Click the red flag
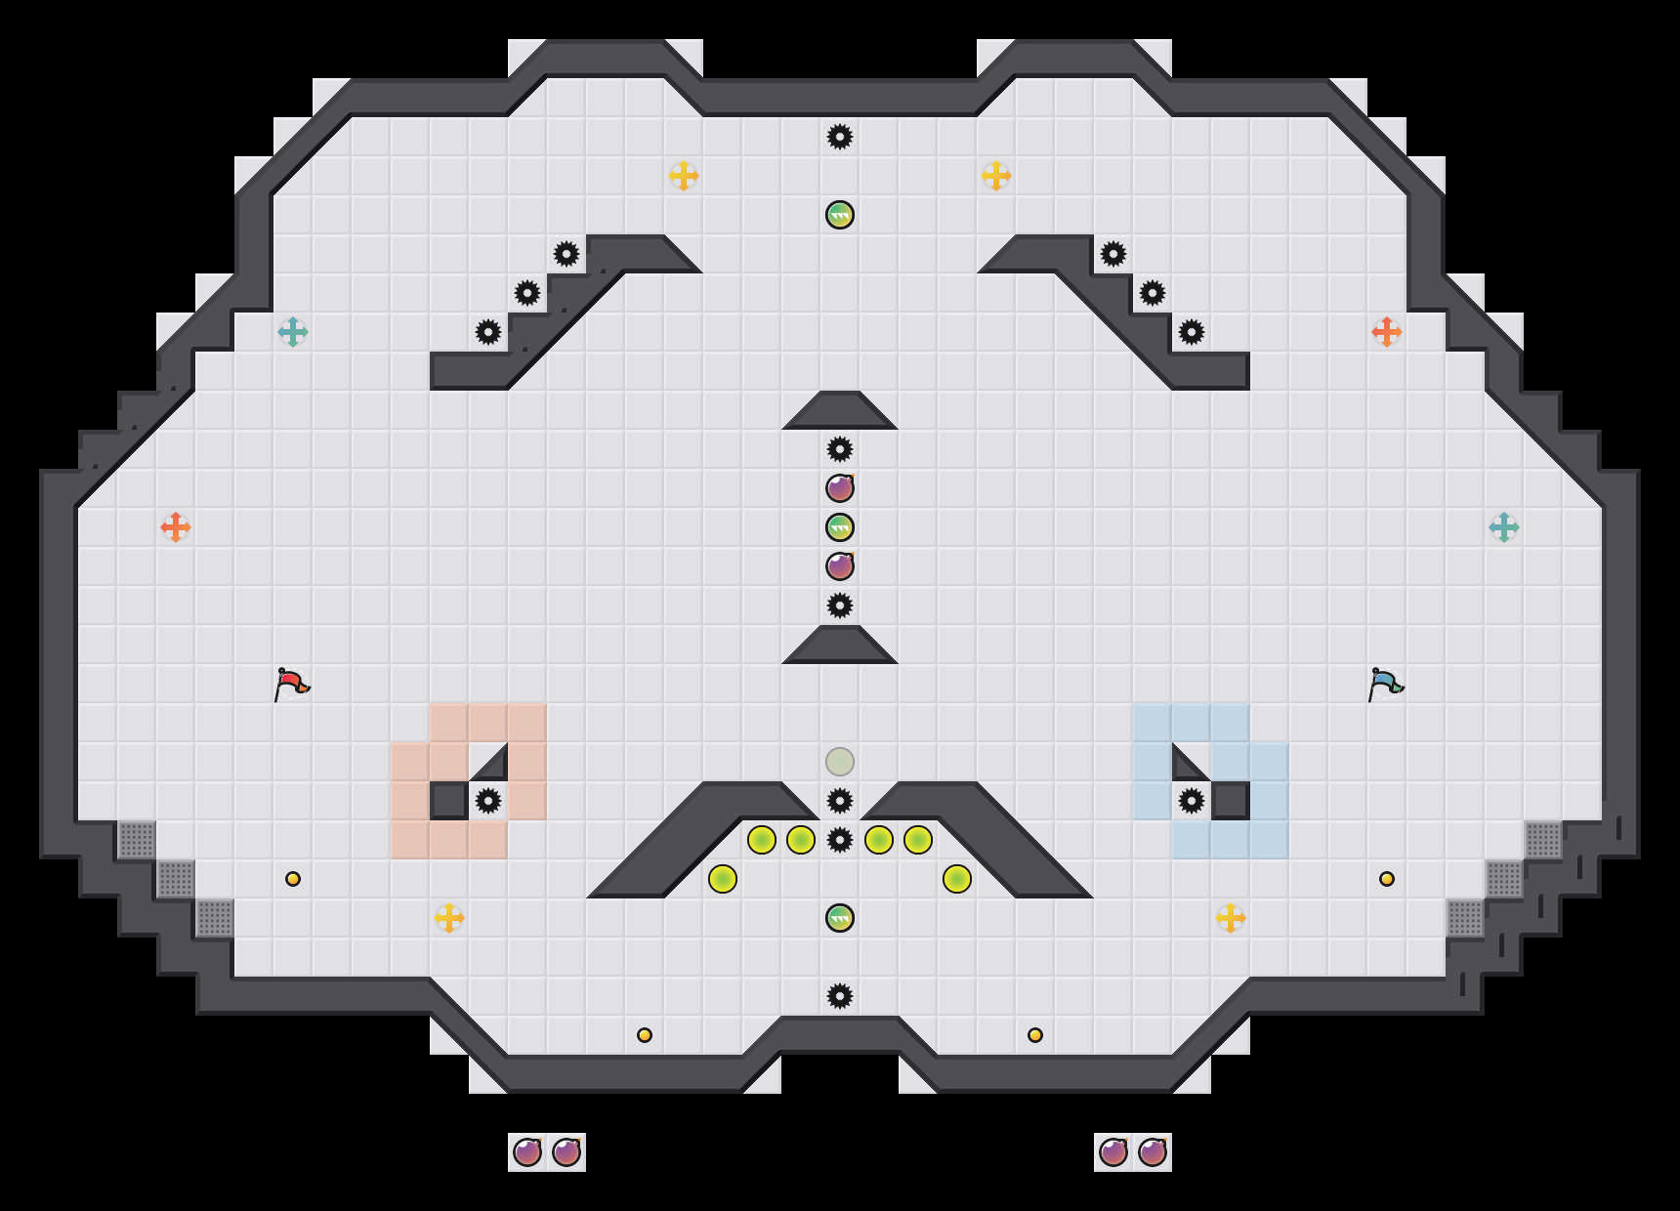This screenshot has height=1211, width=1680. tap(291, 684)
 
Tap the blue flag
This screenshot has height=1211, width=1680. tap(1385, 684)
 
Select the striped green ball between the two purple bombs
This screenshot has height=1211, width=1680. tap(840, 527)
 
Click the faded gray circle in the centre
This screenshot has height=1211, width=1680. tap(840, 762)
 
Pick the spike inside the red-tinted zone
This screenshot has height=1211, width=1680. tap(488, 801)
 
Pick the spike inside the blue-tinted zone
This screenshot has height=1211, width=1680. tap(1192, 801)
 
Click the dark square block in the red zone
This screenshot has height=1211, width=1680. tap(449, 801)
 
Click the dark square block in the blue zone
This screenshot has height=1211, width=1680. tap(1231, 801)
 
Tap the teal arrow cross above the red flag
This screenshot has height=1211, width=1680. tap(293, 332)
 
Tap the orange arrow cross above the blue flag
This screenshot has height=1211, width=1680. tap(1387, 332)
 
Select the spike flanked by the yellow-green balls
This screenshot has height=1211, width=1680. tap(840, 840)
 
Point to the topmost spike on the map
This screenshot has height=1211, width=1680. tap(840, 137)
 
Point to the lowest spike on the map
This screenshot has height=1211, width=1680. tap(840, 996)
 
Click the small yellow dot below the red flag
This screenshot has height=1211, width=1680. tap(293, 879)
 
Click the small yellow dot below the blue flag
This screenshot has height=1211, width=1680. tap(1387, 879)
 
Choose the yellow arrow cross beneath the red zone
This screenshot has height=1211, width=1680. tap(449, 918)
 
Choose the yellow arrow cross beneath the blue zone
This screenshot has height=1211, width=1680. tap(1231, 918)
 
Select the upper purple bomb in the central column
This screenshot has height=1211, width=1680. tap(840, 488)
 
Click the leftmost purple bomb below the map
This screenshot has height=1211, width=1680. tap(527, 1152)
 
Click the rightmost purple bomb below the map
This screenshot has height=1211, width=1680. tap(1153, 1152)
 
